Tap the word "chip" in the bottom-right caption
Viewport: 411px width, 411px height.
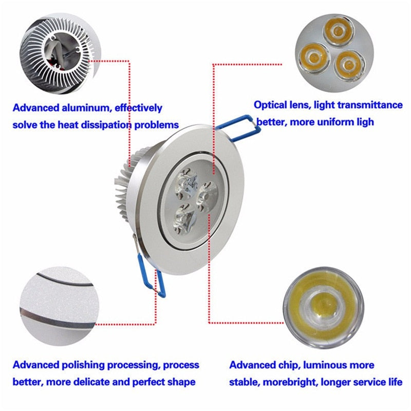click(288, 365)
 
